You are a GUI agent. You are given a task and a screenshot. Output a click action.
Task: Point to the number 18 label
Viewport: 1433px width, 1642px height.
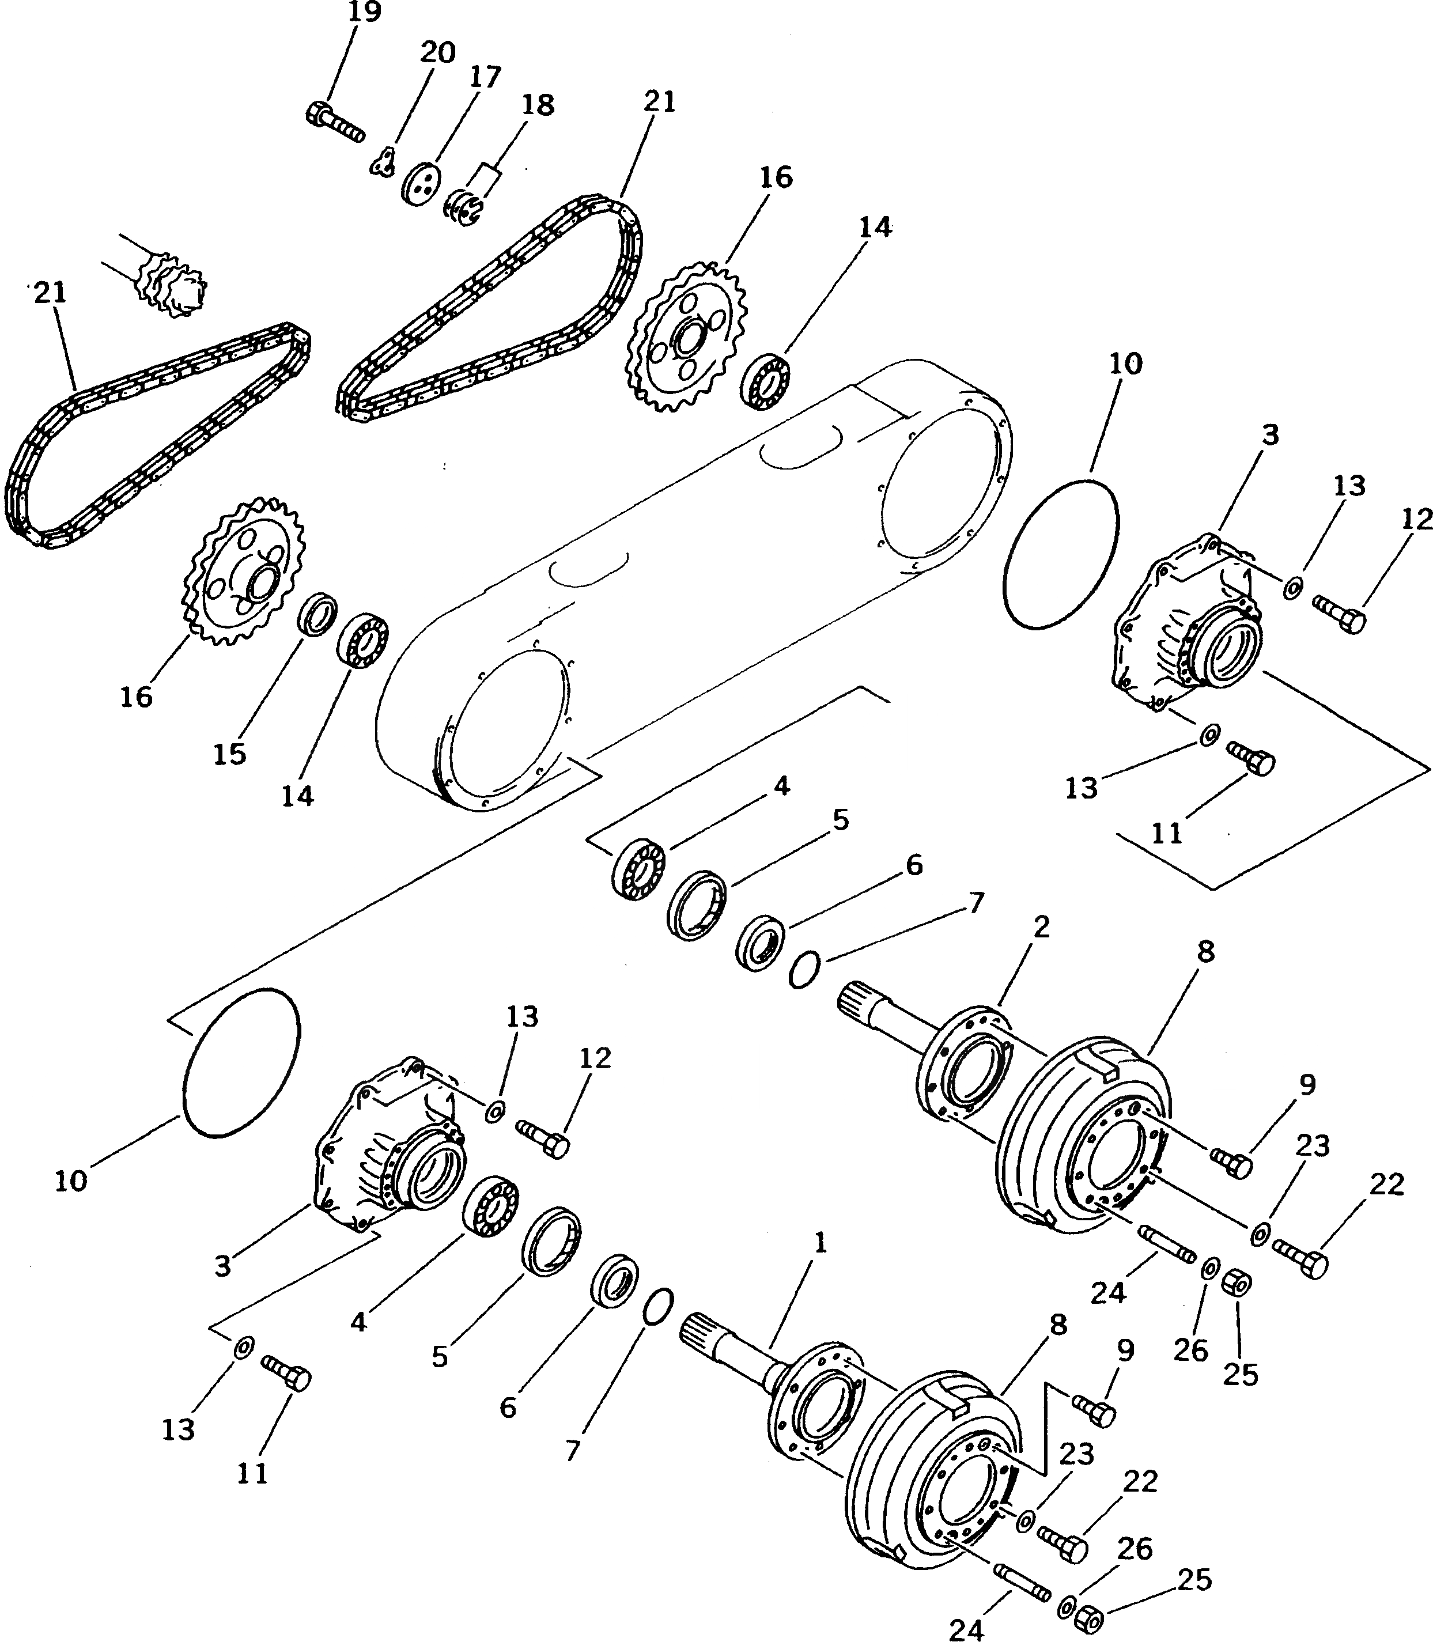[x=538, y=105]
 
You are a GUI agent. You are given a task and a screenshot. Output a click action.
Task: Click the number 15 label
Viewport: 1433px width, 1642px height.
[x=229, y=754]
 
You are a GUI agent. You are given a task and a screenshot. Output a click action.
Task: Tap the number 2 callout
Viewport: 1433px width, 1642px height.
[x=1041, y=928]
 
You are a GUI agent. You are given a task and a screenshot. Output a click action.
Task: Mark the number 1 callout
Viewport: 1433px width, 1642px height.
[x=820, y=1243]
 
